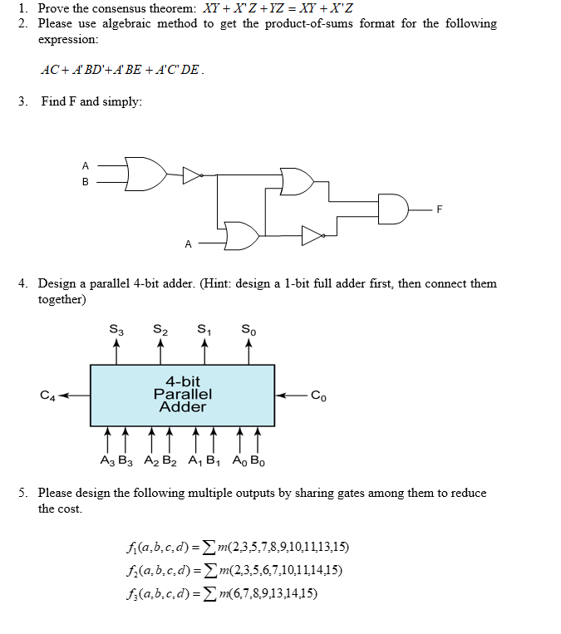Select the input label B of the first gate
tap(84, 180)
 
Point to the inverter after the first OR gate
tap(192, 175)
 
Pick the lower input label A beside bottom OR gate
tap(188, 244)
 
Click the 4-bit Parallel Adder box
tap(182, 395)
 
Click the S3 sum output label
tap(116, 332)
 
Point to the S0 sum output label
tap(249, 332)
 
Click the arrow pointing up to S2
tap(160, 351)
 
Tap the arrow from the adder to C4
tap(73, 396)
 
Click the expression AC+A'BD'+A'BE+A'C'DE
tap(121, 70)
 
